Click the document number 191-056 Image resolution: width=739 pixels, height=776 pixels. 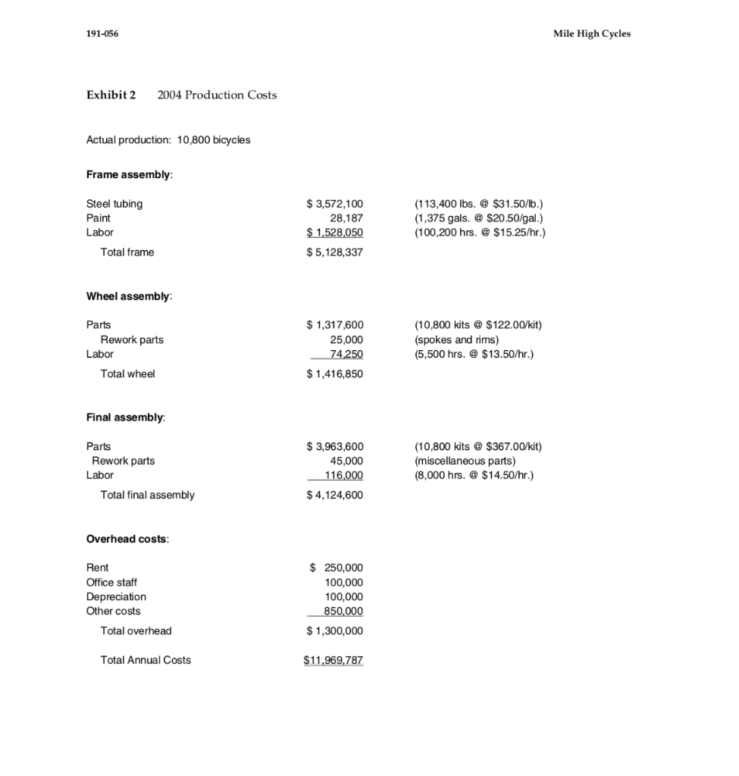pyautogui.click(x=102, y=33)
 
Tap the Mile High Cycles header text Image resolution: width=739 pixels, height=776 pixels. pyautogui.click(x=592, y=33)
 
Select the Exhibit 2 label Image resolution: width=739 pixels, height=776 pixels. pyautogui.click(x=111, y=95)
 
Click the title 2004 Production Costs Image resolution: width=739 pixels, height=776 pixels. pyautogui.click(x=217, y=95)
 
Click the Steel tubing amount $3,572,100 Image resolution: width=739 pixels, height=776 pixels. pyautogui.click(x=334, y=204)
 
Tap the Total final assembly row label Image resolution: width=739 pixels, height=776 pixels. pyautogui.click(x=147, y=495)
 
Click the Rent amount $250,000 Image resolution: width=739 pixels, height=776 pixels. pyautogui.click(x=337, y=568)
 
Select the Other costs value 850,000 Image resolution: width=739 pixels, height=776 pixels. pyautogui.click(x=343, y=611)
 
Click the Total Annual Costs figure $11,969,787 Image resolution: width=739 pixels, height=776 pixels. pyautogui.click(x=333, y=660)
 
